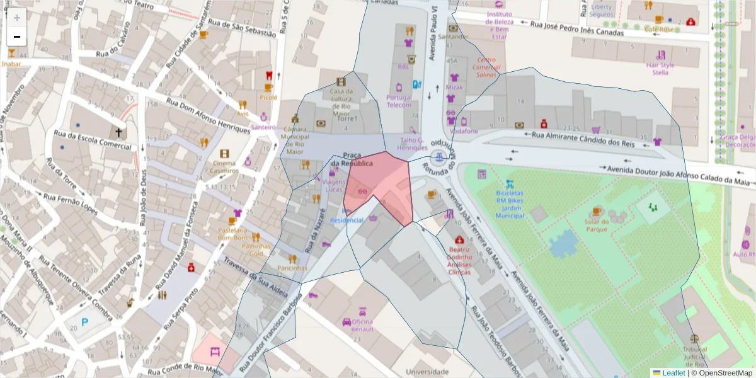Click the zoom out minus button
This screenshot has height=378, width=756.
[x=17, y=37]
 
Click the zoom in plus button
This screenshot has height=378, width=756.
[x=17, y=18]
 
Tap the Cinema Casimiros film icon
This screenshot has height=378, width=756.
[x=225, y=154]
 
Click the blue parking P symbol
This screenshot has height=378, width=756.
[x=85, y=322]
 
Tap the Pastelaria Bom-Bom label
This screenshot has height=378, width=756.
[x=232, y=234]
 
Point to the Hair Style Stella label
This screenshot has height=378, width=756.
[x=660, y=69]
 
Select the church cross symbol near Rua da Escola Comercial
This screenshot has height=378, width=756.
[x=118, y=132]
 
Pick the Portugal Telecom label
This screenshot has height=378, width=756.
[x=399, y=101]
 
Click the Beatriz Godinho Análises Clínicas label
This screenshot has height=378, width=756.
[x=459, y=261]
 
